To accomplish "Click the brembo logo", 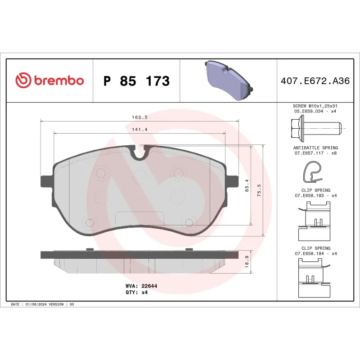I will [x=49, y=81].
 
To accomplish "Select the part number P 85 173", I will [x=136, y=81].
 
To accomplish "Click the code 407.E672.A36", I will [x=315, y=81].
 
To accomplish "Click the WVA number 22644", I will [x=148, y=286].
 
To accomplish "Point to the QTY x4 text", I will [x=137, y=292].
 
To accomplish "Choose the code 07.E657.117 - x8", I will [x=315, y=153].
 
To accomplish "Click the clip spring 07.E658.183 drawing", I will [x=315, y=220].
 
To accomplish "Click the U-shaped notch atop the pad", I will [x=140, y=153].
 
